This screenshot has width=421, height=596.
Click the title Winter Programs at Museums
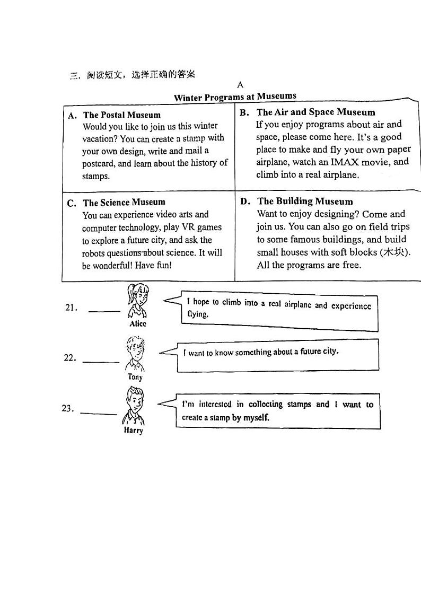[235, 97]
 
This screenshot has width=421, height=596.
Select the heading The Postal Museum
[121, 115]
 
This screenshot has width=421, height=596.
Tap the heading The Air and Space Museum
[315, 112]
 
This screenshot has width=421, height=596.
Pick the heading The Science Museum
[124, 202]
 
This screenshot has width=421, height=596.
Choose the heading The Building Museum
[305, 201]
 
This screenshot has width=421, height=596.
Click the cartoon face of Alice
[137, 296]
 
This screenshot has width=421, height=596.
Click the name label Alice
[138, 323]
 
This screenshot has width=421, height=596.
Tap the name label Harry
[134, 431]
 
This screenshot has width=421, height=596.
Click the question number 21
[72, 308]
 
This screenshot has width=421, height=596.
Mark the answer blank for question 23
[98, 414]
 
